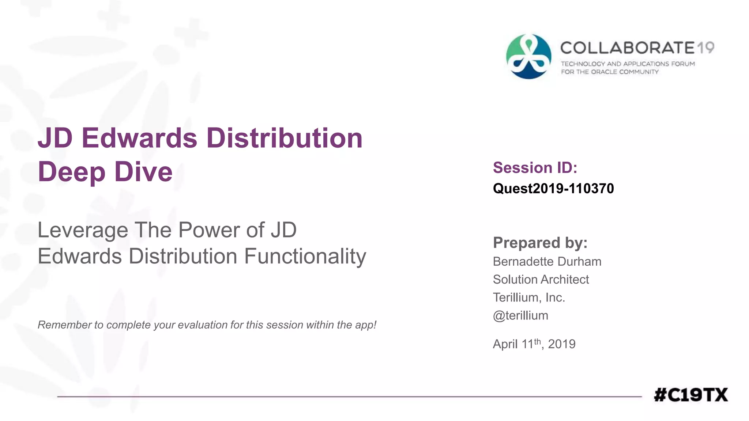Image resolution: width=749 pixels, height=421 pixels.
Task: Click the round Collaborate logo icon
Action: pyautogui.click(x=528, y=57)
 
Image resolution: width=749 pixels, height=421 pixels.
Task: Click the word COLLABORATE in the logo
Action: pyautogui.click(x=627, y=48)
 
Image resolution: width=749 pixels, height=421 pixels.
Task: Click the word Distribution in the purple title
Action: pyautogui.click(x=284, y=138)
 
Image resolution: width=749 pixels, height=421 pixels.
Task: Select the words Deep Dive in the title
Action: pyautogui.click(x=105, y=172)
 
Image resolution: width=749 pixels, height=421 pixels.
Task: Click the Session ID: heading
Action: pyautogui.click(x=535, y=168)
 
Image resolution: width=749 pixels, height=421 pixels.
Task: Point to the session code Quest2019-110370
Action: pyautogui.click(x=553, y=189)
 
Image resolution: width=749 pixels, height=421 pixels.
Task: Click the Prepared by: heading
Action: pyautogui.click(x=540, y=243)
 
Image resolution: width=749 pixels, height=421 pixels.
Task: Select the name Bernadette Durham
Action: pyautogui.click(x=547, y=262)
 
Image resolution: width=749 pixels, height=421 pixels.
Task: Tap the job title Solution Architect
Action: pyautogui.click(x=541, y=280)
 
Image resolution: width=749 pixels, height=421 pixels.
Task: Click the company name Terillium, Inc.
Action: pyautogui.click(x=529, y=297)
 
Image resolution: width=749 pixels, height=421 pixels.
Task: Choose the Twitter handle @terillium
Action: pyautogui.click(x=520, y=315)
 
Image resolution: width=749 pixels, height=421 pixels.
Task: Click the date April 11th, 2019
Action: pyautogui.click(x=534, y=344)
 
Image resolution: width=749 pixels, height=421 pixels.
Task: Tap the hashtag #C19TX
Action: pyautogui.click(x=690, y=395)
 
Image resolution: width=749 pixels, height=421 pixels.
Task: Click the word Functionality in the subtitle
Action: pyautogui.click(x=305, y=256)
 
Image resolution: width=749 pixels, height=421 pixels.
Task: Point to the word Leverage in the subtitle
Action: pyautogui.click(x=83, y=230)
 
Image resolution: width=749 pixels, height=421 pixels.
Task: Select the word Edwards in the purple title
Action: pyautogui.click(x=139, y=138)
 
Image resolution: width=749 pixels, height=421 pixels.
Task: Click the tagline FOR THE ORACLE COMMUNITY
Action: pyautogui.click(x=610, y=72)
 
